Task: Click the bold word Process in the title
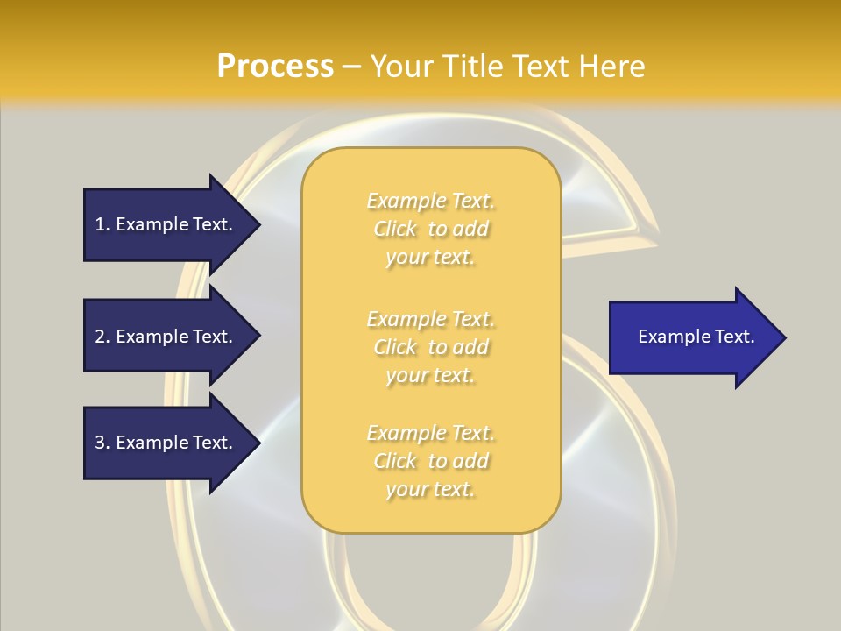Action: click(275, 67)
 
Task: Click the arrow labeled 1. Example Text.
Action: click(166, 224)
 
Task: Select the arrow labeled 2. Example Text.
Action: click(166, 337)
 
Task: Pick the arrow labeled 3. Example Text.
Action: click(166, 443)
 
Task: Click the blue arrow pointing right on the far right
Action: click(692, 337)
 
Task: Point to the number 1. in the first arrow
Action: click(102, 224)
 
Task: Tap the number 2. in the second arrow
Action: click(102, 337)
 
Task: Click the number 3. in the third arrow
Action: click(102, 443)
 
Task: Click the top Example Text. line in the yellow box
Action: click(430, 202)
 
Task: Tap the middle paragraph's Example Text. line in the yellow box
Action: click(430, 319)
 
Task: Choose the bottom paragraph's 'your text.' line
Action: click(430, 490)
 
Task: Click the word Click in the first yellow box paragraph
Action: click(395, 230)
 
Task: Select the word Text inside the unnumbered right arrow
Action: click(735, 337)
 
